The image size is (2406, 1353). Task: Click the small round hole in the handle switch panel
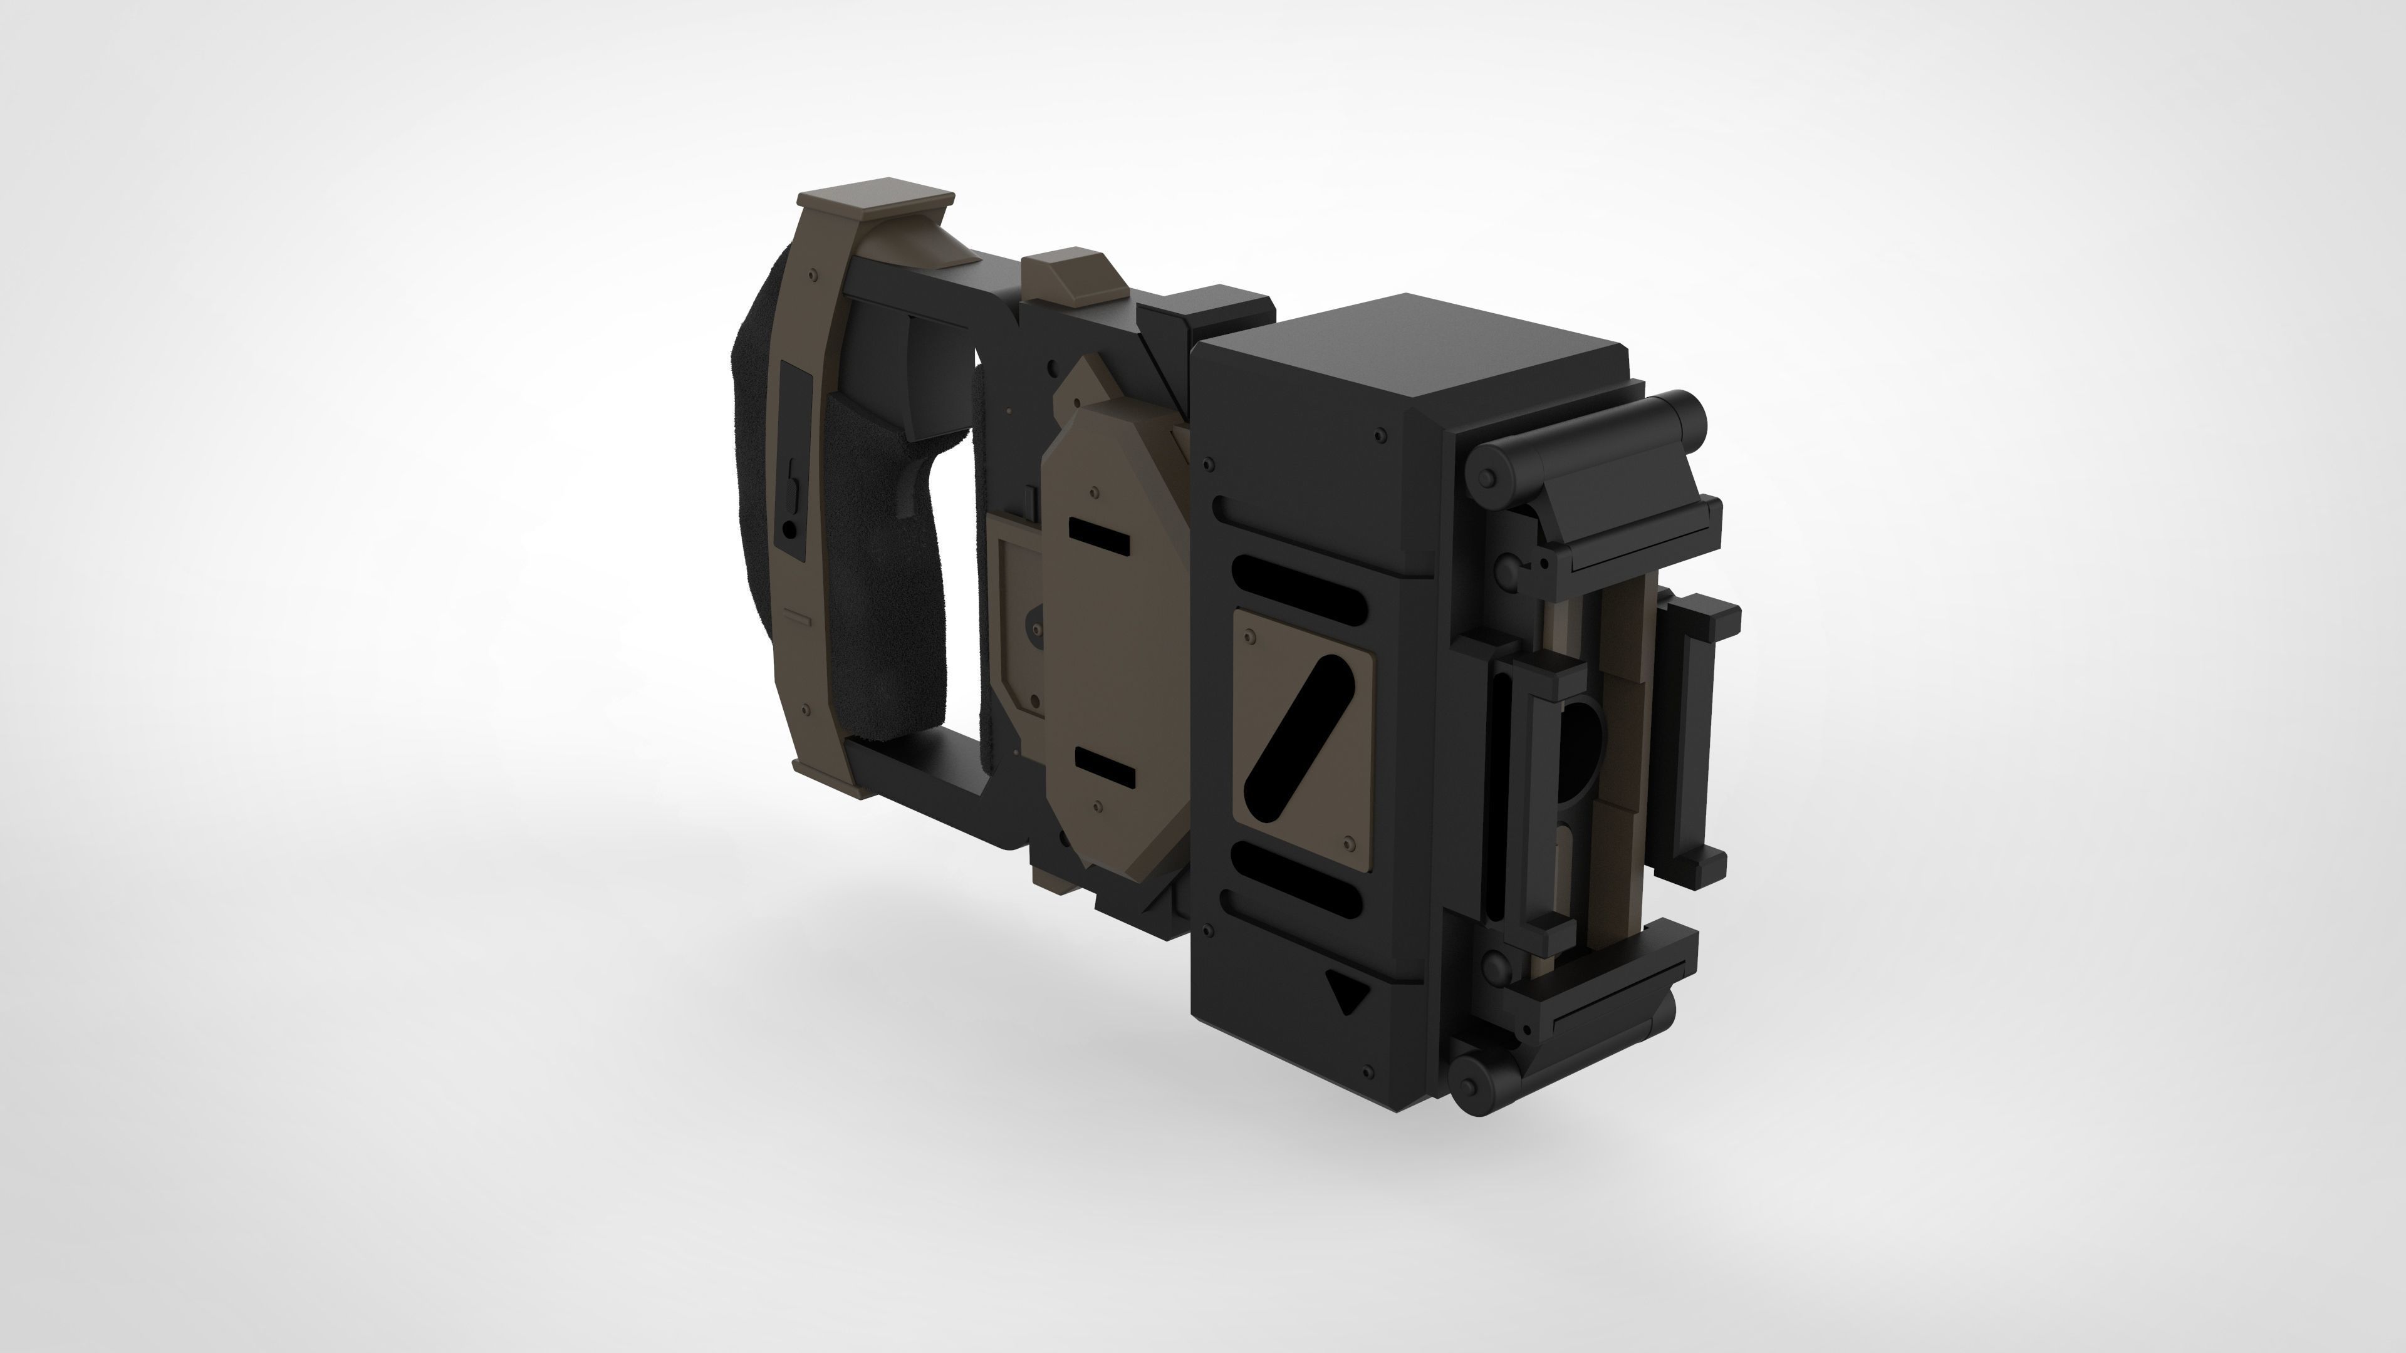pos(791,529)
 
